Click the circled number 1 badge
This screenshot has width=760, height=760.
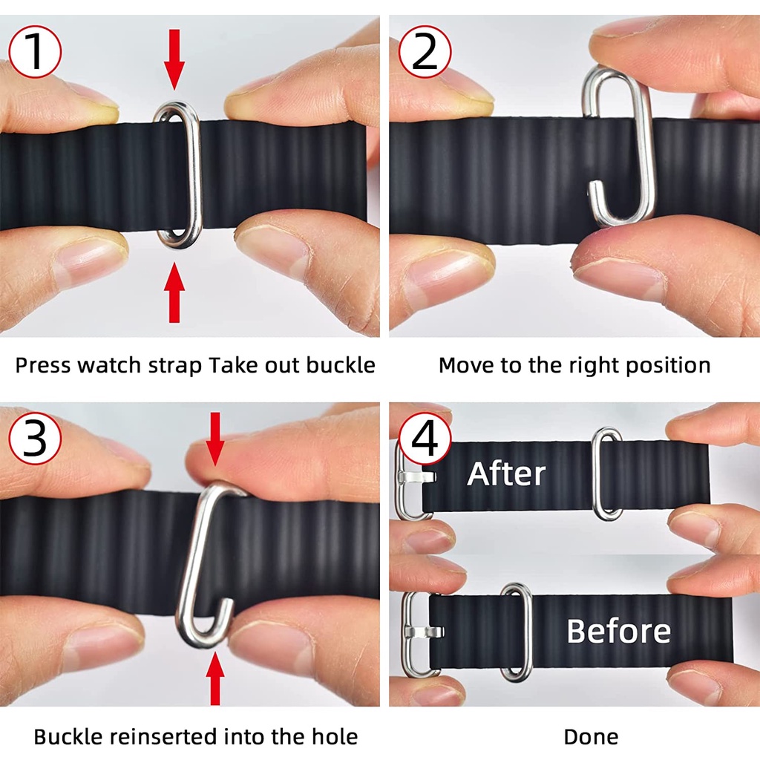pos(35,51)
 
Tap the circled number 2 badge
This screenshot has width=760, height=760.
pos(425,51)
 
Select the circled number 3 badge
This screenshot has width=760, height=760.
pos(35,439)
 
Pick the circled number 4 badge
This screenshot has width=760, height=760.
pos(425,439)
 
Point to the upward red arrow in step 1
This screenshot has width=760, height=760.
pos(174,292)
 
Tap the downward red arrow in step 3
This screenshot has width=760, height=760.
pos(214,439)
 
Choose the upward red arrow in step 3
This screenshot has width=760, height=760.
pos(214,678)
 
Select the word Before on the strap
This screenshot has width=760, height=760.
pos(618,631)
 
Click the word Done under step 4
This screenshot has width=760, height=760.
pos(591,737)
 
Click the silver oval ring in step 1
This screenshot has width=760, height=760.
pos(197,174)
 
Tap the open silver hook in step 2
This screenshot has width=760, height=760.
pos(646,145)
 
